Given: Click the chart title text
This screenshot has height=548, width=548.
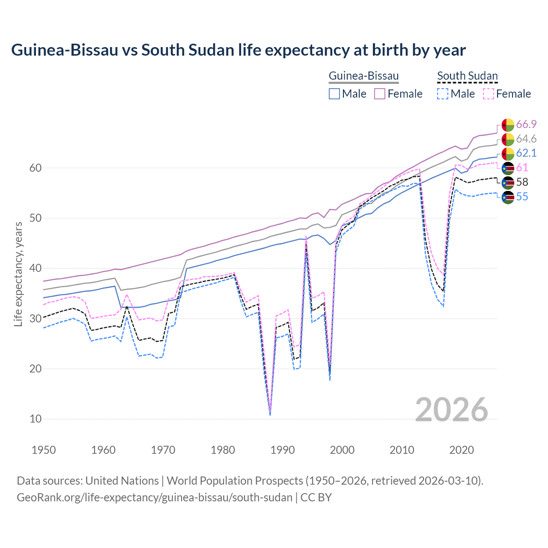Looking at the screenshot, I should point(238,50).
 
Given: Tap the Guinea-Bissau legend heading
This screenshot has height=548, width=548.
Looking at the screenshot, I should point(363,76).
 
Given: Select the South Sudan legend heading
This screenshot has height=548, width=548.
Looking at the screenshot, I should point(467,76).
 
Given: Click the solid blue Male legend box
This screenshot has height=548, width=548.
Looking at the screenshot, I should point(334,94).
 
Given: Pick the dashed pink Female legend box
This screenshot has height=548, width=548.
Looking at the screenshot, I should point(488,94).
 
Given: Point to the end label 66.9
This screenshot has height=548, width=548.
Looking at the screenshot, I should point(526,124).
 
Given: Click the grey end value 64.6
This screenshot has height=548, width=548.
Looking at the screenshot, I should point(526,139).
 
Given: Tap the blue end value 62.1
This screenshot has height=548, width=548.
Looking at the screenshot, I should point(526,153).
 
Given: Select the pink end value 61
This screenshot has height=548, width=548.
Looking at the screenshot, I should point(522,167).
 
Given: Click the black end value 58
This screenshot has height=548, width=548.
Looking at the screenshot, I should point(522,182).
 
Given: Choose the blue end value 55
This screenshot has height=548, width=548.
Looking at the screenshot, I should point(522,197).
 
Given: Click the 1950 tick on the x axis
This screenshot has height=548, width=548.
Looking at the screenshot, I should point(44,450).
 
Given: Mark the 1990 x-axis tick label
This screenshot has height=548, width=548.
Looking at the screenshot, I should point(283,450).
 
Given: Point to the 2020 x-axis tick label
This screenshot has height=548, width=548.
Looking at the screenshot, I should point(462,450).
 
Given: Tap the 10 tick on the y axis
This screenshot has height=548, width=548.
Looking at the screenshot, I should point(36,419).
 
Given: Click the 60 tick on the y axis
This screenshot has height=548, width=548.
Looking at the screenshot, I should point(36,168).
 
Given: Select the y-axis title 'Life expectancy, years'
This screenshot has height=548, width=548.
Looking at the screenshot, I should point(18,274).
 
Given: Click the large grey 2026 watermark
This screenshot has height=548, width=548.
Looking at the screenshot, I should point(451,410).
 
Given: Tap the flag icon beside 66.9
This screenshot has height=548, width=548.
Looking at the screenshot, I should point(508,125).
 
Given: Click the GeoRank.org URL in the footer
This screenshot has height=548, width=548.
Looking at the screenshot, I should point(155,497).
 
